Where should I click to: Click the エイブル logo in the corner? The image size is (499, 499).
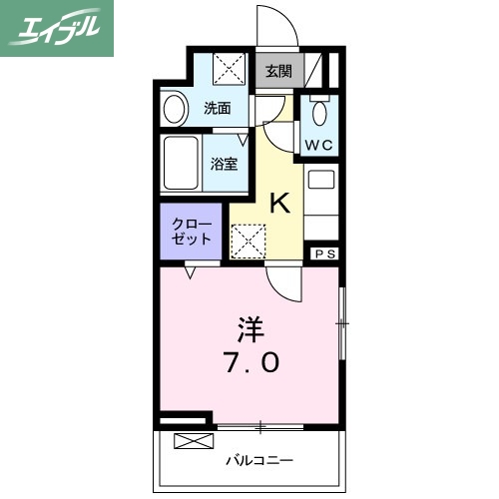[57, 28]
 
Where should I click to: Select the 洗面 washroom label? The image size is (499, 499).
[218, 109]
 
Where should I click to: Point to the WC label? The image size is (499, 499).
[320, 144]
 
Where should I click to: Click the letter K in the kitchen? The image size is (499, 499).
[280, 204]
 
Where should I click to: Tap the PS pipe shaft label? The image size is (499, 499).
[326, 254]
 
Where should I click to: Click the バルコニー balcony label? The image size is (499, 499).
[257, 461]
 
